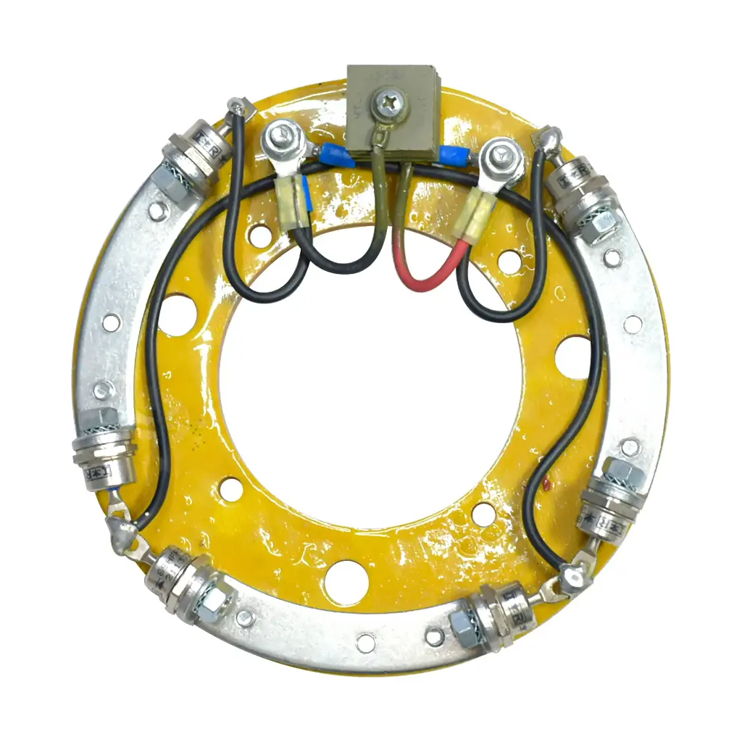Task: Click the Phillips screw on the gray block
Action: click(x=388, y=104)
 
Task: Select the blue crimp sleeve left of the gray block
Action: click(x=336, y=154)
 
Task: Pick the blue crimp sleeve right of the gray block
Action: click(x=450, y=154)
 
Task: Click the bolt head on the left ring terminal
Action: click(x=278, y=135)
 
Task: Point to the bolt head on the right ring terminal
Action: click(x=502, y=156)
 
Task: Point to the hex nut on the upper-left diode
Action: click(x=170, y=185)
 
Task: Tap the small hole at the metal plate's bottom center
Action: click(x=366, y=641)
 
